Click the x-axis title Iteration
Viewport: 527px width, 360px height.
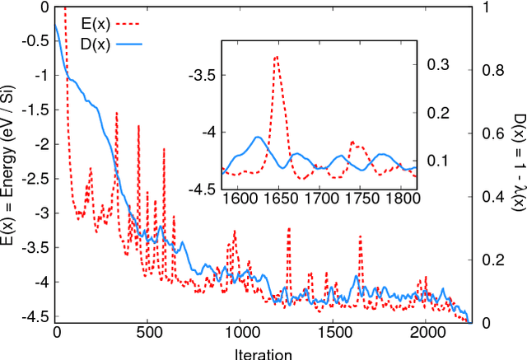click(261, 353)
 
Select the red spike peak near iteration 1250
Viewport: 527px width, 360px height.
click(288, 229)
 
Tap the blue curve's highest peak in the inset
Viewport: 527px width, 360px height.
click(259, 137)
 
